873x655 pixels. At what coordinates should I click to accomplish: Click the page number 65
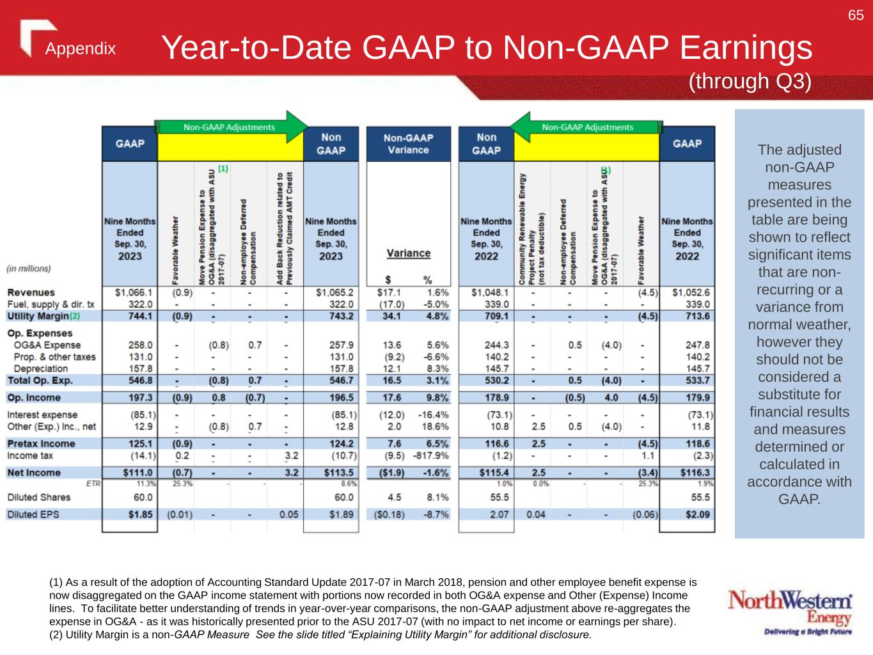[856, 15]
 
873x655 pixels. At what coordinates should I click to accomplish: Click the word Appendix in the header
[81, 49]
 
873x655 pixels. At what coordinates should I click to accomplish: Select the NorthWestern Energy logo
[790, 613]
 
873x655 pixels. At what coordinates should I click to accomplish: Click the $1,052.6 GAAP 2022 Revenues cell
[691, 292]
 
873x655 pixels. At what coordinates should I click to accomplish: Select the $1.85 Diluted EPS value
[140, 514]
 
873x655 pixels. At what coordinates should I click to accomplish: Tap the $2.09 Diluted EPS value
[697, 514]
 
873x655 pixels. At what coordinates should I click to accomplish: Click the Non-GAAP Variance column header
[408, 144]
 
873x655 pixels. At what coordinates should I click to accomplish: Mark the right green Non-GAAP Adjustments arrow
[587, 127]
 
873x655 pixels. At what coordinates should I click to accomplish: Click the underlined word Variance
[409, 253]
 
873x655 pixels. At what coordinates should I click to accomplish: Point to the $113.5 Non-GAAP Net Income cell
[337, 473]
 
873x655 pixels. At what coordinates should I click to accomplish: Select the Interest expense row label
[42, 415]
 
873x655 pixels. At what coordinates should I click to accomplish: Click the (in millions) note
[29, 269]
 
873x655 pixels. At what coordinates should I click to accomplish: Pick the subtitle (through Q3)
[750, 81]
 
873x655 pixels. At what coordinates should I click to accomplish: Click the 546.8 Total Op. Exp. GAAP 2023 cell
[140, 381]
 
